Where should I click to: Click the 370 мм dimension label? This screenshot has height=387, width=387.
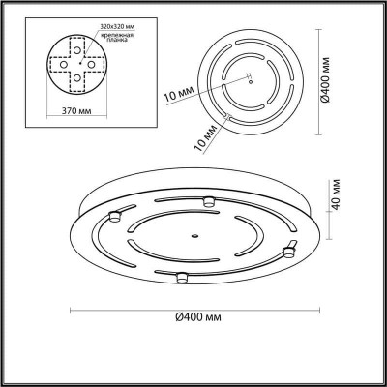pyautogui.click(x=76, y=111)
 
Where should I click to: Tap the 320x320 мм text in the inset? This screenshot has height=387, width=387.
pyautogui.click(x=117, y=26)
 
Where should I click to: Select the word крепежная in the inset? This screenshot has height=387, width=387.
pyautogui.click(x=117, y=35)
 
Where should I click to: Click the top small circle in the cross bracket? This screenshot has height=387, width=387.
pyautogui.click(x=77, y=50)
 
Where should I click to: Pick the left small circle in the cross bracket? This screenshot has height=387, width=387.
pyautogui.click(x=64, y=65)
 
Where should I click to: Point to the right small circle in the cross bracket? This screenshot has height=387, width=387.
pyautogui.click(x=91, y=65)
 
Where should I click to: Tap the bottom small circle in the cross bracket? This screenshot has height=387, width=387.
pyautogui.click(x=77, y=77)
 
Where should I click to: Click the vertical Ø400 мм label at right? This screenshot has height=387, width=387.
pyautogui.click(x=326, y=80)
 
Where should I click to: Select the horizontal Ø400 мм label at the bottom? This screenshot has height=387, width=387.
pyautogui.click(x=198, y=317)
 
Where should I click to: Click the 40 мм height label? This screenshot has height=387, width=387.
pyautogui.click(x=336, y=193)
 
